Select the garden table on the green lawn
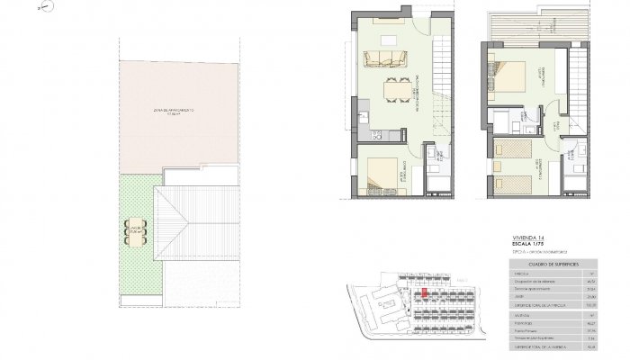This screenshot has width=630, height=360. (x=135, y=231)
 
